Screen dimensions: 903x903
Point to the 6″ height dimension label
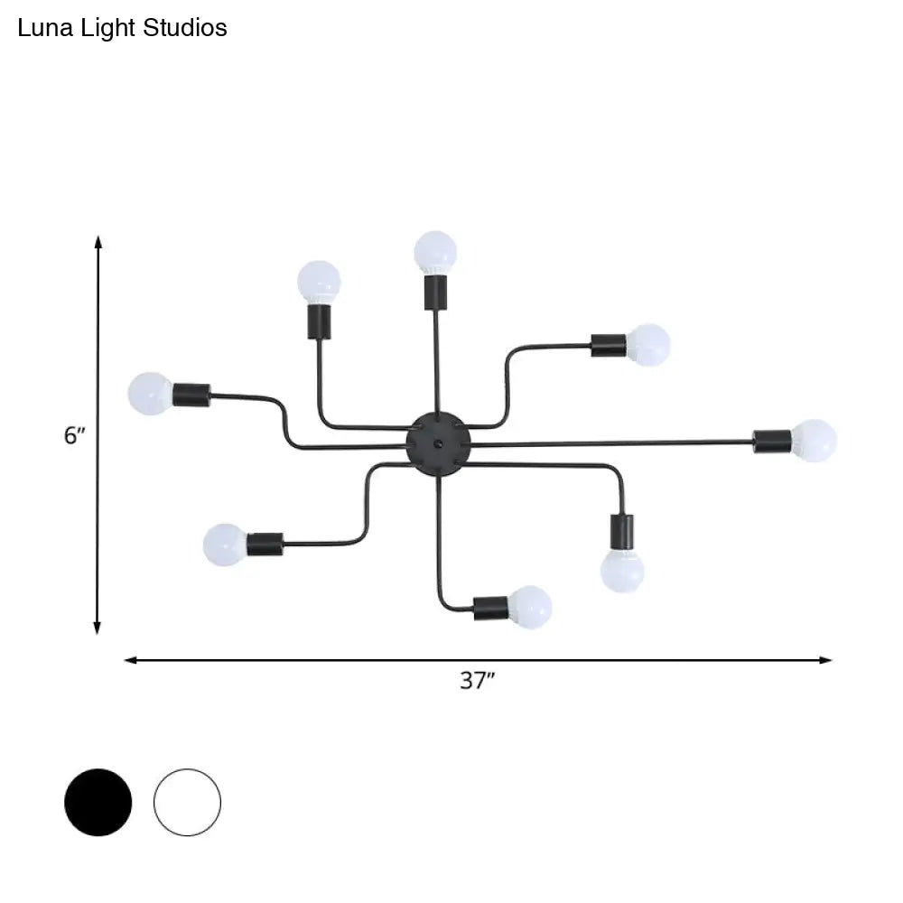pos(74,435)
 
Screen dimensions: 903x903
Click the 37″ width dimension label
pos(478,681)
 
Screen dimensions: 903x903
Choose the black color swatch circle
pos(98,802)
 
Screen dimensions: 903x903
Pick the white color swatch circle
pos(187,802)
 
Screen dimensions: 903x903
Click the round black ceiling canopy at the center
pos(438,442)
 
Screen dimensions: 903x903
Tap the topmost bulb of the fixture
pos(435,252)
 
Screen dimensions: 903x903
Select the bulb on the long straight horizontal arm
pos(815,440)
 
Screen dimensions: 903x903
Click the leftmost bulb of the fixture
pos(150,394)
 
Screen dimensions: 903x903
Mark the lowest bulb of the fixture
pos(530,605)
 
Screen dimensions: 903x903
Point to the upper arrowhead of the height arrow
pos(98,241)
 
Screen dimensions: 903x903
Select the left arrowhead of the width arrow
pos(130,660)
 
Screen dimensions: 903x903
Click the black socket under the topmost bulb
pos(435,291)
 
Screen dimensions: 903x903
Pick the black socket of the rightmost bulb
pos(773,441)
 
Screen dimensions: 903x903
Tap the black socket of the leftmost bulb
pos(191,394)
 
